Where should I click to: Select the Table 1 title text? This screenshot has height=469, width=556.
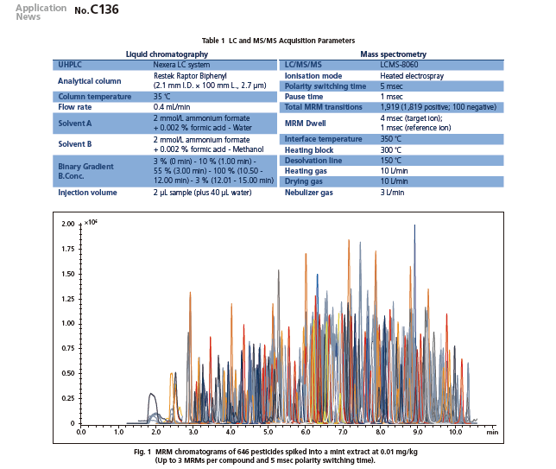tap(277, 41)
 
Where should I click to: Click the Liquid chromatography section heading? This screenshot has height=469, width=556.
tap(167, 54)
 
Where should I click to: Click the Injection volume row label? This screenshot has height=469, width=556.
tap(87, 193)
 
